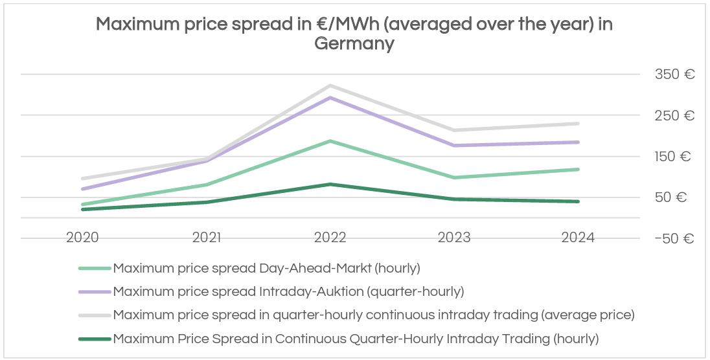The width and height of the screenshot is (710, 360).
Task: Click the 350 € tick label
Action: [675, 74]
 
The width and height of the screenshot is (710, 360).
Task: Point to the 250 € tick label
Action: [675, 116]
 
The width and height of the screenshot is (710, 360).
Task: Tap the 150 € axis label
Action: [675, 157]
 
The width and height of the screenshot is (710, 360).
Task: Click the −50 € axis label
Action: [674, 239]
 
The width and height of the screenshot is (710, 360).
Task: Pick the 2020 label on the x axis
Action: [82, 238]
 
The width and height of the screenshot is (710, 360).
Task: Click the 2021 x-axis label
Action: [206, 238]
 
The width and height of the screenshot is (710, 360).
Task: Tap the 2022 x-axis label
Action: [330, 238]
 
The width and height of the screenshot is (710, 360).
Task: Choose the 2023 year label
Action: [454, 238]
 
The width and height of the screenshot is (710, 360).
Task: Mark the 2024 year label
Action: [578, 238]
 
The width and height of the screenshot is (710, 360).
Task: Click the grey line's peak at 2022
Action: [330, 85]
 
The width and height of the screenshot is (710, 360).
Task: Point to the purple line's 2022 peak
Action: [330, 98]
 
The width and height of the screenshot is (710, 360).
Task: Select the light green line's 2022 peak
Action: [330, 141]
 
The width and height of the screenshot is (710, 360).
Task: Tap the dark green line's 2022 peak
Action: [330, 185]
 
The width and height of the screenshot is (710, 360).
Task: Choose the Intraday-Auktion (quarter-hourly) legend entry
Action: [288, 291]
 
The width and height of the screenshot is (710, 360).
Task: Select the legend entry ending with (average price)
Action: [373, 315]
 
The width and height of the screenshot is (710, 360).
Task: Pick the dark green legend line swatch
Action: [95, 338]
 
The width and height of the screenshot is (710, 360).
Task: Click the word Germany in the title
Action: [354, 44]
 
